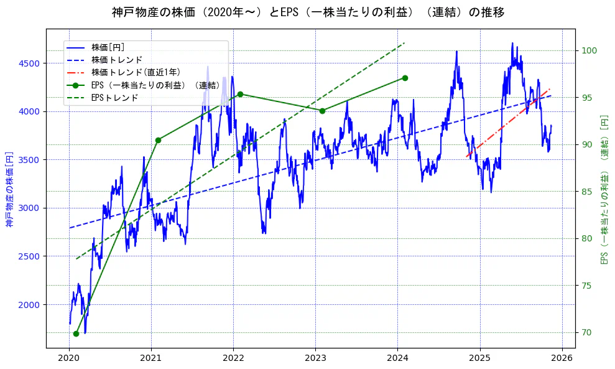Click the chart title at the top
point(308,12)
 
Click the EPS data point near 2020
point(76,334)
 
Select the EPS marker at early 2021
point(158,140)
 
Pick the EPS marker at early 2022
point(240,94)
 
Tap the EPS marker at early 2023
point(322,111)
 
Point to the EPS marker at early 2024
point(405,78)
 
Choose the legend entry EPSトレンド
point(114,98)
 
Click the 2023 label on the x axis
point(315,358)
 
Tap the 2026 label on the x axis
point(562,358)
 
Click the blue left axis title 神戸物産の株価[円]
point(9,188)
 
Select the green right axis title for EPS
point(604,188)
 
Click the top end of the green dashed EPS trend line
point(404,43)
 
